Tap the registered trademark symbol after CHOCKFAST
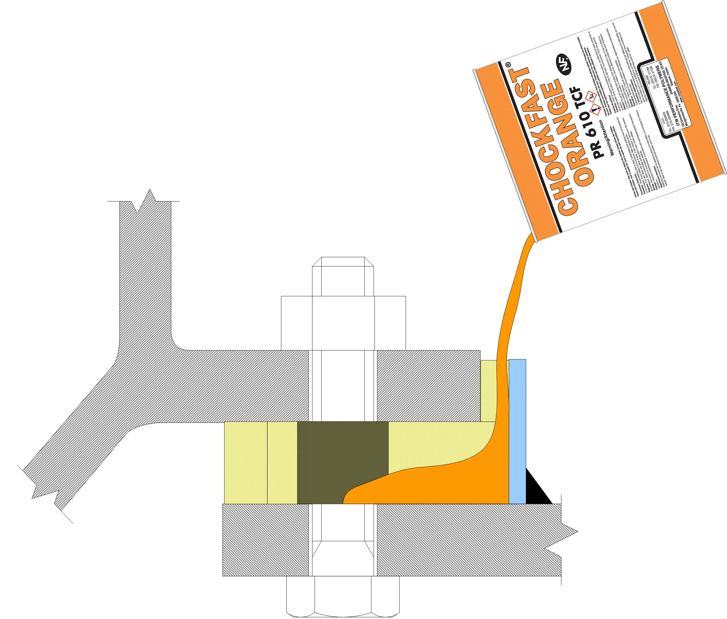tap(508, 65)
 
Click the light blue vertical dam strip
tap(517, 432)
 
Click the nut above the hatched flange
tap(343, 323)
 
